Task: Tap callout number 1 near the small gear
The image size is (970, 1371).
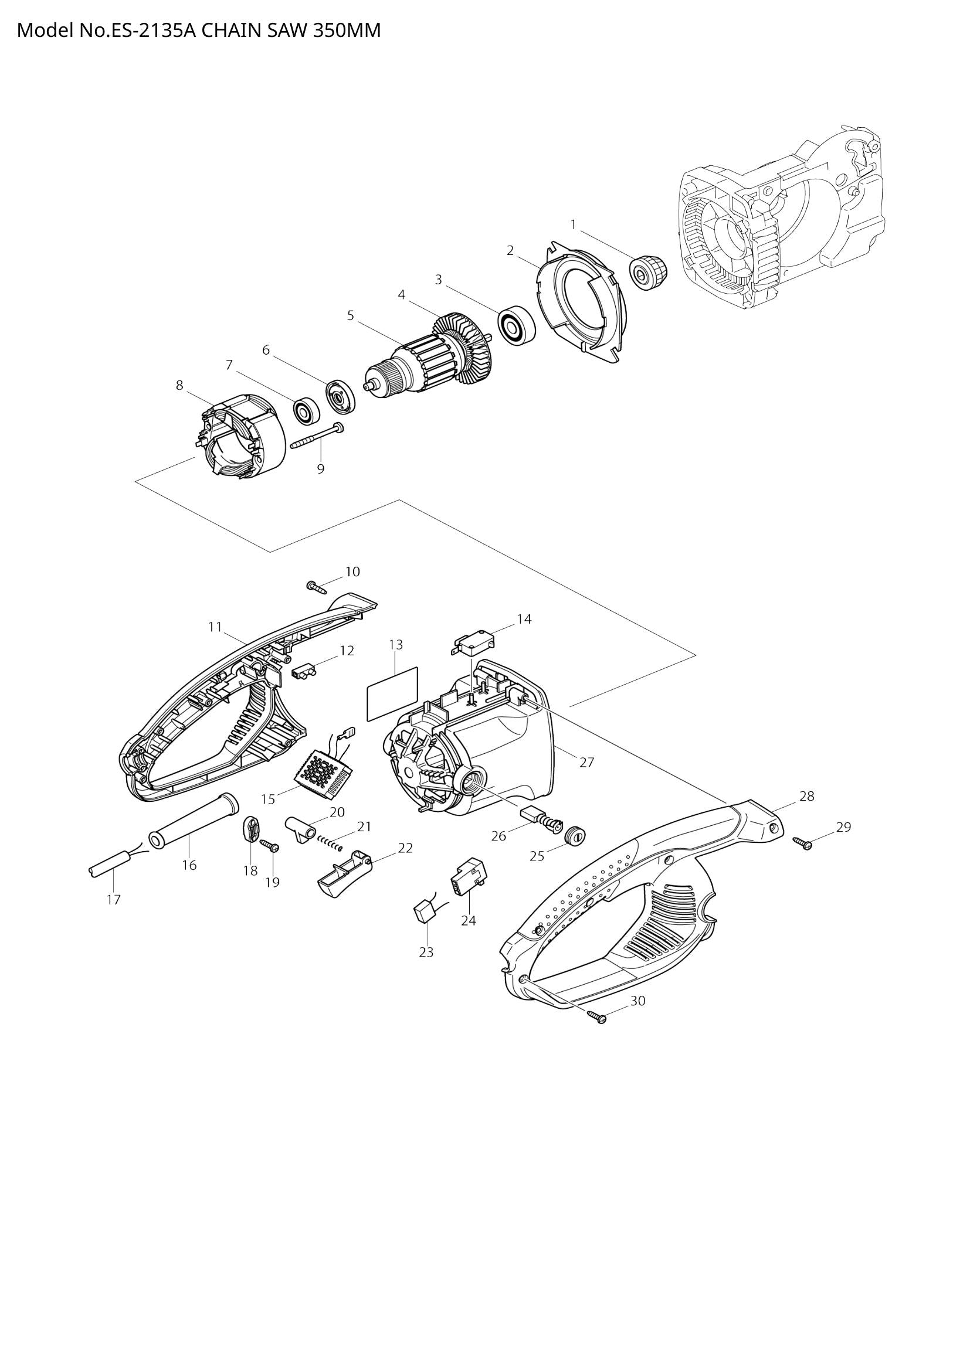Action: pyautogui.click(x=574, y=224)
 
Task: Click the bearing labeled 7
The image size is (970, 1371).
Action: pyautogui.click(x=306, y=410)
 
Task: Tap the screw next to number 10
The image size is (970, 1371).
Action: pyautogui.click(x=317, y=587)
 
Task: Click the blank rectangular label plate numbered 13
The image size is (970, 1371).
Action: pyautogui.click(x=392, y=694)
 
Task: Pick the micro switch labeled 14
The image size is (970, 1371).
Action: pyautogui.click(x=473, y=645)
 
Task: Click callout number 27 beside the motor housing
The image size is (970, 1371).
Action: pyautogui.click(x=586, y=762)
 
